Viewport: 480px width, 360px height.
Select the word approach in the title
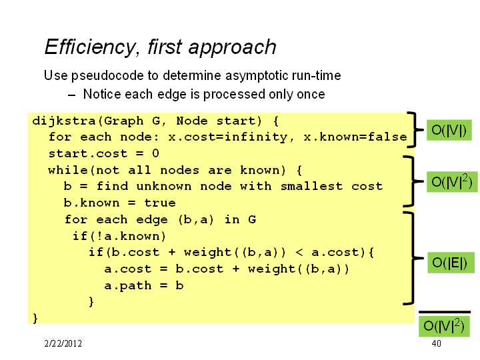pos(232,48)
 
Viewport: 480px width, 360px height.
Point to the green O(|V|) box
pos(449,130)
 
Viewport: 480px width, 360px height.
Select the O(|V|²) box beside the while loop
pos(452,182)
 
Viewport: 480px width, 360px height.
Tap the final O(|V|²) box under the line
pos(444,326)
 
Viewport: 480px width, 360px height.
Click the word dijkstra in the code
pos(64,121)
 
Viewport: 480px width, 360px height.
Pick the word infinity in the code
pos(256,137)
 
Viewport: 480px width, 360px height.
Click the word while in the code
pos(68,170)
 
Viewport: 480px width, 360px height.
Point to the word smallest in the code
pos(311,186)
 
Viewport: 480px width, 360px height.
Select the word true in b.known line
pos(160,203)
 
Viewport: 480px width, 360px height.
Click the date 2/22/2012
pos(63,343)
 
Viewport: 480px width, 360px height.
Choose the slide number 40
pos(436,343)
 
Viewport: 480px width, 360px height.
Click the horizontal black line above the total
pos(445,312)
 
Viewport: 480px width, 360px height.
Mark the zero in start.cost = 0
pos(155,153)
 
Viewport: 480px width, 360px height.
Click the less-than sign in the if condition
pos(299,252)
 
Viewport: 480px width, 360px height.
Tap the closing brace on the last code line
pos(35,319)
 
